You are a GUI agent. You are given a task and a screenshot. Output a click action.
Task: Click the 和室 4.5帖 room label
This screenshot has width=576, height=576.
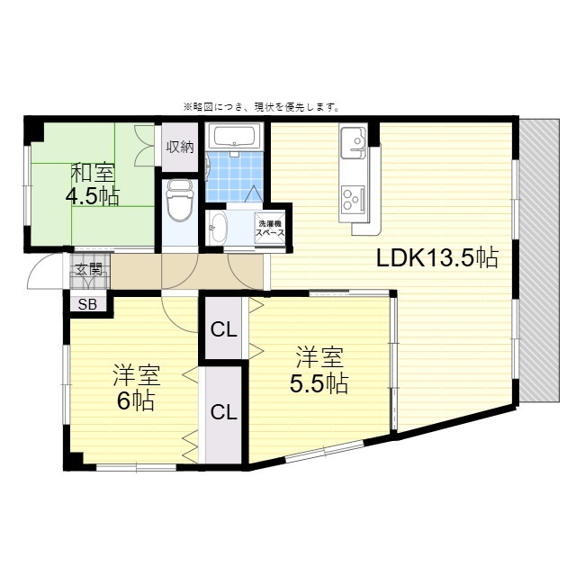tap(93, 184)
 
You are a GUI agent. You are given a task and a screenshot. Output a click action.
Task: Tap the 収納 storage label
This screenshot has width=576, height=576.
tap(180, 148)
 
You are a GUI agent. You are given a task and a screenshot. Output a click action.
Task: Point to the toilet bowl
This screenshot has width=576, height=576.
tap(180, 202)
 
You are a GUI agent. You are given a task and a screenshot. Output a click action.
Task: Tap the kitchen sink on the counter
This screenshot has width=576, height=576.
tap(352, 140)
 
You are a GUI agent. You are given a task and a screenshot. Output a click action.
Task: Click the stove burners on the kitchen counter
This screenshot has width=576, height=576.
tap(350, 194)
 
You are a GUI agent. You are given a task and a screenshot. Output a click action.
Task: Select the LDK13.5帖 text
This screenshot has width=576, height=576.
tap(436, 258)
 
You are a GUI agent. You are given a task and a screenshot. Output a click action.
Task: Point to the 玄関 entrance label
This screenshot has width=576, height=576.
tap(88, 269)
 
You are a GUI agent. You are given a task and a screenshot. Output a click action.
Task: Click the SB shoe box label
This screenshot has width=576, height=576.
tap(87, 304)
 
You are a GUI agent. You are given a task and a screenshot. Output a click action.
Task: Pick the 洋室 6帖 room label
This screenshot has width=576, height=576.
tap(133, 388)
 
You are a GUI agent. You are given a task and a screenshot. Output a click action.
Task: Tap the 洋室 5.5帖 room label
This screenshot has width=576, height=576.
tap(319, 370)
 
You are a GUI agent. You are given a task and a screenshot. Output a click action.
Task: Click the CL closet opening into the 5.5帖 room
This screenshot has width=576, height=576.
tap(223, 329)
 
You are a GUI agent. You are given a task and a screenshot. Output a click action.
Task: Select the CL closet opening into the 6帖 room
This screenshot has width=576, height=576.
tap(223, 412)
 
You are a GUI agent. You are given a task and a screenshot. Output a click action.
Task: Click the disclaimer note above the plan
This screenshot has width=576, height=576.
tap(261, 106)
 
